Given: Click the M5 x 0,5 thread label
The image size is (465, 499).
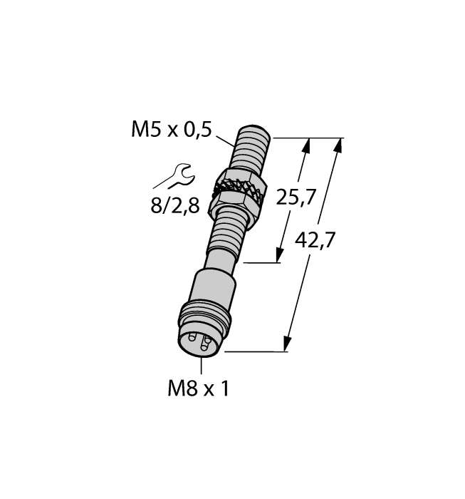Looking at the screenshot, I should pyautogui.click(x=172, y=129).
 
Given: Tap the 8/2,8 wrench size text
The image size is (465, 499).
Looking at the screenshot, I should pyautogui.click(x=174, y=207).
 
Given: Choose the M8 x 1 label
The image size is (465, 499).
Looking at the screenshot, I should pyautogui.click(x=200, y=388).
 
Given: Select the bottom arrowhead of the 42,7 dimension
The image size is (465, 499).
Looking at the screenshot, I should pyautogui.click(x=288, y=344).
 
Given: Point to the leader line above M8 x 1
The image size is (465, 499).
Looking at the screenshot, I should pyautogui.click(x=202, y=366).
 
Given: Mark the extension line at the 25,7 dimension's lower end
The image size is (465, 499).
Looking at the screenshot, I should pyautogui.click(x=263, y=262).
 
